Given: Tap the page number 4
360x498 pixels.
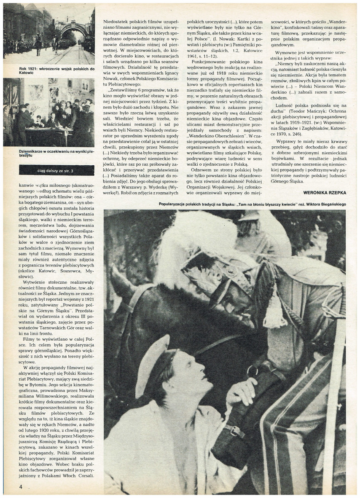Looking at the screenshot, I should pos(20,486).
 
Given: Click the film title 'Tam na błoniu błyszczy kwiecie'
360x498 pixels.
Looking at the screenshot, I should pos(285,204).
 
